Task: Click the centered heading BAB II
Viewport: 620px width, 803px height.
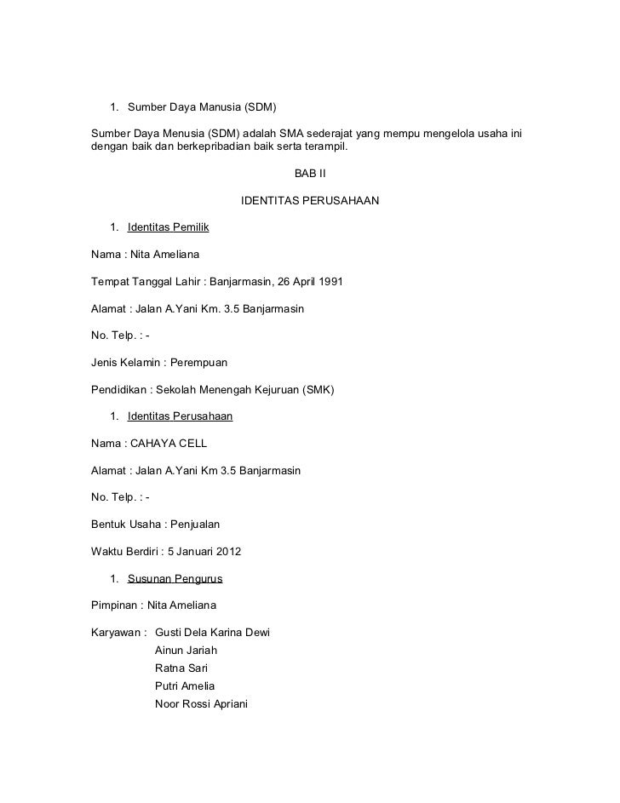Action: click(309, 174)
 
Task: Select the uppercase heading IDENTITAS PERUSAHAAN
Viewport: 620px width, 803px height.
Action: click(309, 202)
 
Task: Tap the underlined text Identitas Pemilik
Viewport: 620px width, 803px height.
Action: click(168, 227)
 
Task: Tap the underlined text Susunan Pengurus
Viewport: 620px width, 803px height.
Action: click(175, 579)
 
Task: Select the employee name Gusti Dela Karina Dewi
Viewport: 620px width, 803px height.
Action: click(212, 633)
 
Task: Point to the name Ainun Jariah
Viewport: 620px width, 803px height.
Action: click(186, 651)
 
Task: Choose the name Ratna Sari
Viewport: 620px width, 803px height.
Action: click(181, 668)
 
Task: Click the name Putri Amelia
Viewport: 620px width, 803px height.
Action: click(185, 686)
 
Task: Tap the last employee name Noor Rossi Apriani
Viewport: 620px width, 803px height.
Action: click(201, 704)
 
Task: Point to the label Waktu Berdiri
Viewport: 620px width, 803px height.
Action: click(124, 552)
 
